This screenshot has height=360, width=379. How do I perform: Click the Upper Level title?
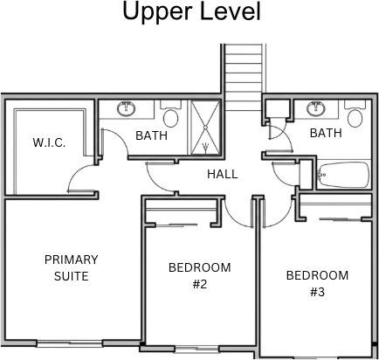(x=191, y=12)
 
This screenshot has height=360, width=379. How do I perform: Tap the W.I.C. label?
(x=49, y=143)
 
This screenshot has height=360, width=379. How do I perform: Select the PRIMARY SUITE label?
(x=72, y=267)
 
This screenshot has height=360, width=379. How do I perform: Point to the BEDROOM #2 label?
(x=200, y=275)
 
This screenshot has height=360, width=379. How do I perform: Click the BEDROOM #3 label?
(x=317, y=283)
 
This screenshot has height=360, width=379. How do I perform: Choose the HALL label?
(x=223, y=174)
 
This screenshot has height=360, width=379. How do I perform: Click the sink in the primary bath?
(x=126, y=108)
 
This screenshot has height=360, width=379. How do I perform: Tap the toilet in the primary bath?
(x=171, y=114)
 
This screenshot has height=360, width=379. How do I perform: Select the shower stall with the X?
(x=205, y=127)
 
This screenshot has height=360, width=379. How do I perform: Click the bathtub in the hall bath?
(x=343, y=175)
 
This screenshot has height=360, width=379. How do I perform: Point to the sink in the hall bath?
(x=316, y=108)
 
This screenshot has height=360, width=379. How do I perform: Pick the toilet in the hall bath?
(x=355, y=114)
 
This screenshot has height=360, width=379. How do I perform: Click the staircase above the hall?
(x=244, y=77)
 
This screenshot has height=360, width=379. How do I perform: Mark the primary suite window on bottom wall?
(x=71, y=343)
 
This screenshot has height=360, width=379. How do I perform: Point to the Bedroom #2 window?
(x=197, y=349)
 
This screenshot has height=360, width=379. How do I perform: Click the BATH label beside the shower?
(x=151, y=135)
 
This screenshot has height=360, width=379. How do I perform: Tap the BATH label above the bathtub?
(x=326, y=133)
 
